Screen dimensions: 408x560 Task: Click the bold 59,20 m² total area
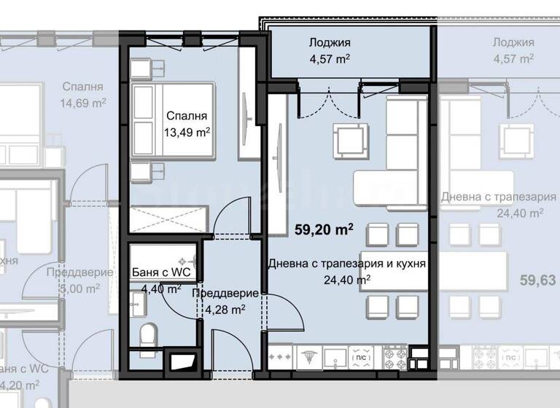(x=324, y=231)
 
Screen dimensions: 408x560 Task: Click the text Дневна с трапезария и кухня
(x=346, y=263)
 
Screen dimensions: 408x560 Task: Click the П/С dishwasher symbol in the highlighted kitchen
(x=359, y=358)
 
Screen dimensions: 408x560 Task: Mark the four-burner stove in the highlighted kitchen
(x=394, y=358)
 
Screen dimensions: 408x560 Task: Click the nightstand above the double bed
(x=141, y=68)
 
